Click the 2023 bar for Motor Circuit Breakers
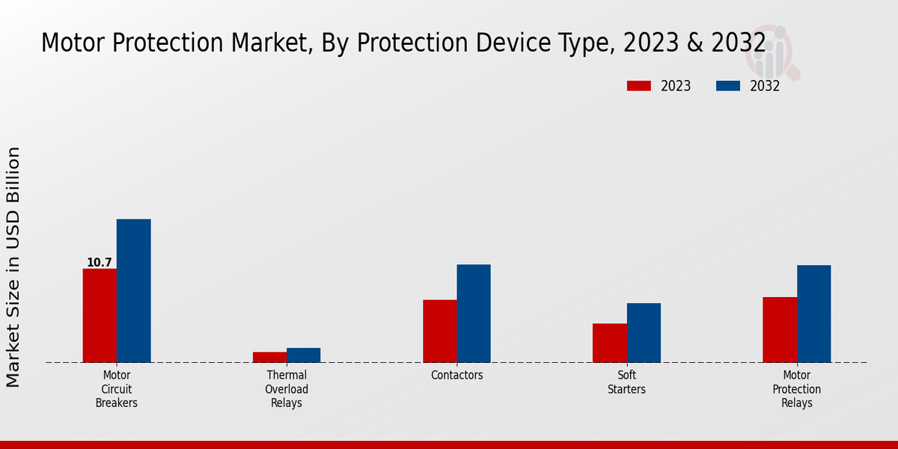(x=100, y=315)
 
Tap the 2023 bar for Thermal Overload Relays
(x=269, y=357)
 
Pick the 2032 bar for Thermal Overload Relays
(x=303, y=355)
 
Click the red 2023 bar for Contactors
(x=439, y=331)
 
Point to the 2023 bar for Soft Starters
(x=609, y=343)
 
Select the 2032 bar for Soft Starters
(x=644, y=332)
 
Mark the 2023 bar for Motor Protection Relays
(x=780, y=329)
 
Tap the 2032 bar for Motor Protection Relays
(x=813, y=314)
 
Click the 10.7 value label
(x=100, y=263)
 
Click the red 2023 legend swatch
(x=638, y=86)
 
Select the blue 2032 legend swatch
(x=727, y=86)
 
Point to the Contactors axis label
(x=456, y=376)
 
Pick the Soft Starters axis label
(x=626, y=382)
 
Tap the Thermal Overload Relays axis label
(x=287, y=389)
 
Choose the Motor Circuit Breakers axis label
(x=117, y=389)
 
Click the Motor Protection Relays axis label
(x=797, y=389)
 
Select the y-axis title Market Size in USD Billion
(x=13, y=267)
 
